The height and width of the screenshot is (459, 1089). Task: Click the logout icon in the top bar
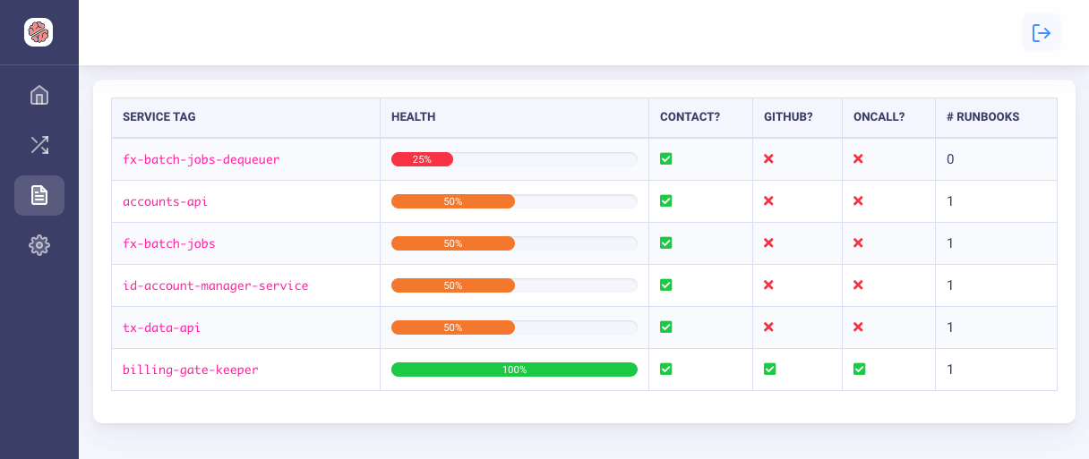[1041, 33]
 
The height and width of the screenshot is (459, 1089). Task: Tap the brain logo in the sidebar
[39, 33]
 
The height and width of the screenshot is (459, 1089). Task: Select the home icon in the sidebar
[39, 95]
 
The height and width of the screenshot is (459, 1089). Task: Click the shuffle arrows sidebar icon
[39, 145]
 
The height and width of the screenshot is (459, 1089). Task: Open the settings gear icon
[39, 245]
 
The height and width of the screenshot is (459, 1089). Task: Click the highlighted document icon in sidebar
[39, 195]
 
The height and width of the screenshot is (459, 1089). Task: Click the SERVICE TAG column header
[159, 117]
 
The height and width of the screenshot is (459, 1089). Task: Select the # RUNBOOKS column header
[983, 117]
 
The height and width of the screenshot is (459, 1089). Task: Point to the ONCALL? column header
[879, 117]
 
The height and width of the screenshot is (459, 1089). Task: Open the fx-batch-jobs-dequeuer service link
[202, 159]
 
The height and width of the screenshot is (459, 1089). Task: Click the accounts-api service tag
[165, 201]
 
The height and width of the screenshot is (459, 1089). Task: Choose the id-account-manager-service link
[215, 285]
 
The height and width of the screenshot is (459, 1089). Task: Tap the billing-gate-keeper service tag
[190, 370]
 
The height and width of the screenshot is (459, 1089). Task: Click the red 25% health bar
[422, 159]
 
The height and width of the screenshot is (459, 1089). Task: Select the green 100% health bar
[514, 370]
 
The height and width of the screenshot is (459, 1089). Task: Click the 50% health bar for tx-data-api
[453, 327]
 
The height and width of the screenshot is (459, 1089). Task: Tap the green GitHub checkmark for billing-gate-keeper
[769, 370]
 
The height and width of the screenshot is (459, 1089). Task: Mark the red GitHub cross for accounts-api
[768, 201]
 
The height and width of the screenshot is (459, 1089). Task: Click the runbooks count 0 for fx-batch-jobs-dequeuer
[950, 159]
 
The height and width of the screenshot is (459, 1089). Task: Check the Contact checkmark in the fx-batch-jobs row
[665, 243]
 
